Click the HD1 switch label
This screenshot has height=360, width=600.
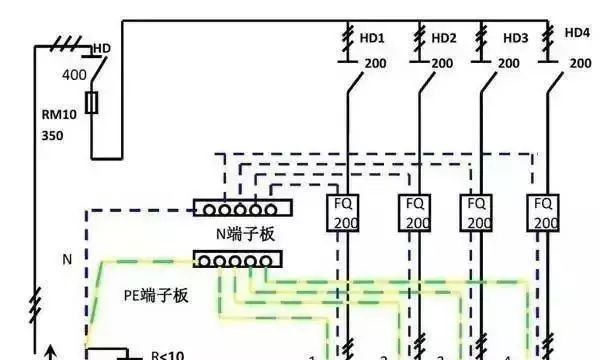coord(373,38)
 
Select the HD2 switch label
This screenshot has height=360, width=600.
coord(444,38)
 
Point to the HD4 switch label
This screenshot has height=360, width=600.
coord(577,32)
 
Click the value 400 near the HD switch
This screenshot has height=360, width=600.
coord(74,75)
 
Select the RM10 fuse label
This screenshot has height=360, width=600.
coord(58,113)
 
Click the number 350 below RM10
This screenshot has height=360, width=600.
coord(52,134)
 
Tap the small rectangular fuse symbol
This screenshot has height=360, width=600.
coord(92,103)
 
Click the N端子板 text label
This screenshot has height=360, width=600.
coord(246,234)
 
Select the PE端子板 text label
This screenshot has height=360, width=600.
coord(159,295)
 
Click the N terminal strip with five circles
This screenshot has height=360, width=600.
coord(240,209)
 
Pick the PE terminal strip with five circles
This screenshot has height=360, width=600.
coord(237,260)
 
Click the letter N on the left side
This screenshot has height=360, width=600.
coord(67,259)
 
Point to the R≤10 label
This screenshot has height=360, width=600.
coord(167,354)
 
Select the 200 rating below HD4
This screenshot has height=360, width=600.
coord(581,62)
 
